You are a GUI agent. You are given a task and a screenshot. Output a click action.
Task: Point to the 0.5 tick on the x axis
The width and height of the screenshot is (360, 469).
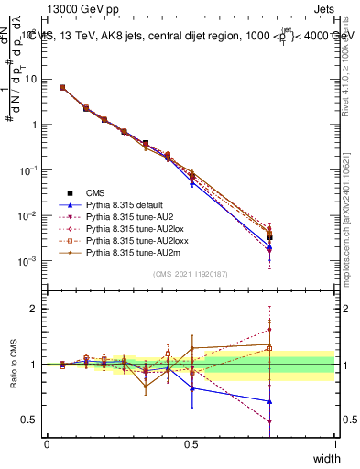191,443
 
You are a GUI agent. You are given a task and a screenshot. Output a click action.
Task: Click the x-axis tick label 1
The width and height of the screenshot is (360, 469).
334,443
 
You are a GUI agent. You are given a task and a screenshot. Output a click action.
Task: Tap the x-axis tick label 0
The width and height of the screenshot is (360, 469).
47,443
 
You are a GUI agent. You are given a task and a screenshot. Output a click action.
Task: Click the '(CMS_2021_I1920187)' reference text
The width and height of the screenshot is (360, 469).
191,274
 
